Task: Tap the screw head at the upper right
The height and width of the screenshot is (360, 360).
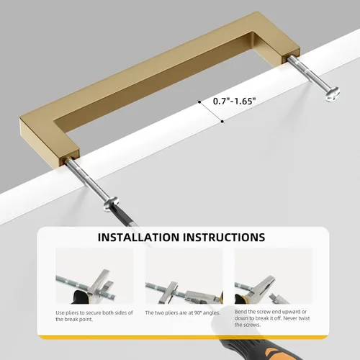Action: (333, 94)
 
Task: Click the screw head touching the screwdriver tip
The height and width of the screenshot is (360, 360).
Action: (111, 204)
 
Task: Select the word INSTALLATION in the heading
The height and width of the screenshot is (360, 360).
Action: (138, 237)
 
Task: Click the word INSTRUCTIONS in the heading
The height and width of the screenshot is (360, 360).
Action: (224, 237)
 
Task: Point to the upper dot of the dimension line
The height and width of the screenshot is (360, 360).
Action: (199, 102)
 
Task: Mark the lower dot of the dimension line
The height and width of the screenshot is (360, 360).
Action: (222, 122)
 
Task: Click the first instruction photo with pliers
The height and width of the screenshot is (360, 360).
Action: (94, 276)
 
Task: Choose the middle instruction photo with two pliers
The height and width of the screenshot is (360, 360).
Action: (184, 276)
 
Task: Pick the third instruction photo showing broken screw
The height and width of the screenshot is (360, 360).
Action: (274, 276)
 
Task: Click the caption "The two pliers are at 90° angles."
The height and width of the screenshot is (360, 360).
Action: (183, 312)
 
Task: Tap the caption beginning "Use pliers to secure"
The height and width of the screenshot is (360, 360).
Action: (94, 316)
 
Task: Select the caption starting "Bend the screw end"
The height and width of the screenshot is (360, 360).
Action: (272, 318)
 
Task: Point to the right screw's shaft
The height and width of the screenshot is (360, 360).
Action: (307, 73)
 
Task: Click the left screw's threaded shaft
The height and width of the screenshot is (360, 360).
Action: (87, 179)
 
